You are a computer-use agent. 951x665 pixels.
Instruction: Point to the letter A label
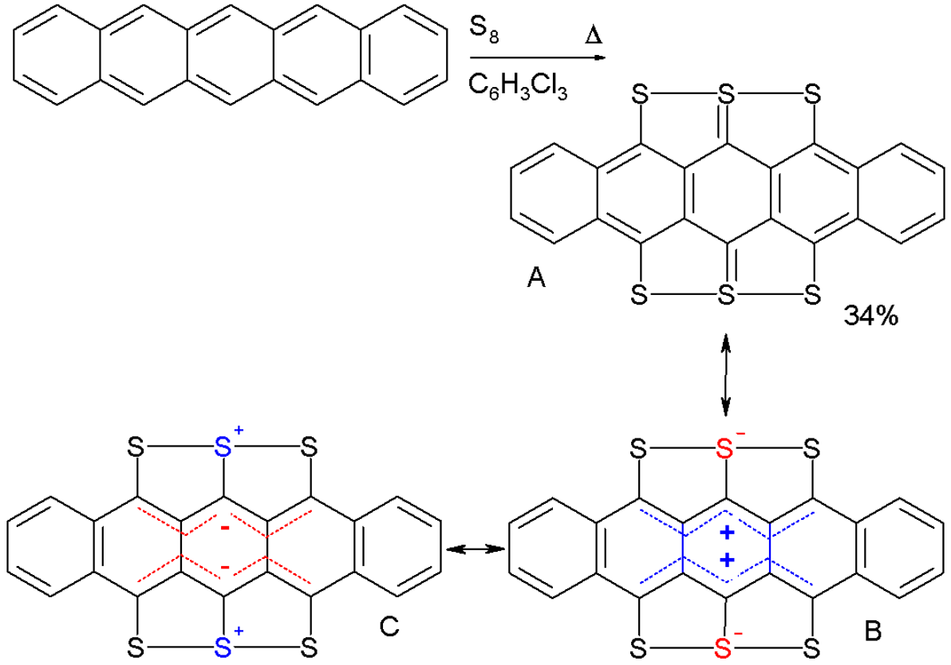point(536,278)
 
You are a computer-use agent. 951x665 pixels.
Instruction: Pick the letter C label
point(389,626)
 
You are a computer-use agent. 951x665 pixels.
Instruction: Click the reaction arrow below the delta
point(538,58)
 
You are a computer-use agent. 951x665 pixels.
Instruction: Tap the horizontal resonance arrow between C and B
point(476,549)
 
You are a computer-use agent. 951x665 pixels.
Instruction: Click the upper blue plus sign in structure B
point(727,533)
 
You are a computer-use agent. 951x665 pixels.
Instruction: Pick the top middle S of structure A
point(726,95)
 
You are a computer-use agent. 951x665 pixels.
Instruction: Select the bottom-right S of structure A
point(812,296)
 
